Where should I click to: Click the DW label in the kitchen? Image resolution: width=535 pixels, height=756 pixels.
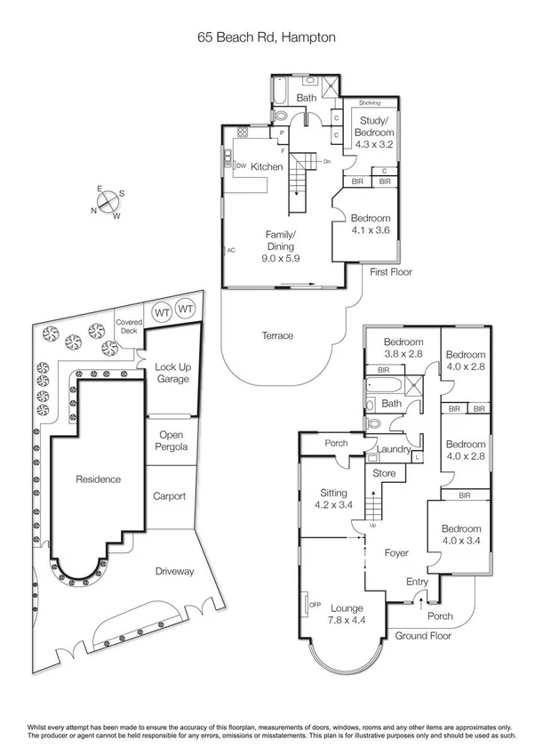(x=240, y=165)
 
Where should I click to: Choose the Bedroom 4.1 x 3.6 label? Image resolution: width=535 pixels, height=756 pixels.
(x=370, y=224)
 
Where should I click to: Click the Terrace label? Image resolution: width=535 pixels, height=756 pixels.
(x=277, y=335)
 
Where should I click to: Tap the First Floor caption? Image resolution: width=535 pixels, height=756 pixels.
(x=391, y=273)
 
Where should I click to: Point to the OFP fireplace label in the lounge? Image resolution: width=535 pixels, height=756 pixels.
(x=314, y=607)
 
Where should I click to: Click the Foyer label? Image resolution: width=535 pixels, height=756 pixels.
(x=395, y=552)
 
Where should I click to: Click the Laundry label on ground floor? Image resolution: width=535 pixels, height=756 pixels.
(x=393, y=450)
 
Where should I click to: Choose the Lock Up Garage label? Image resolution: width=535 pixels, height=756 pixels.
(x=172, y=373)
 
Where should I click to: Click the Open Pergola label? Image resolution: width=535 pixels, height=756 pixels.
(x=171, y=440)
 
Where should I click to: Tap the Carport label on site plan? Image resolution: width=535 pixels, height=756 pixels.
(x=169, y=496)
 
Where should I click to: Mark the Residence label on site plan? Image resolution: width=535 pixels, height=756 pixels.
(x=97, y=479)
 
